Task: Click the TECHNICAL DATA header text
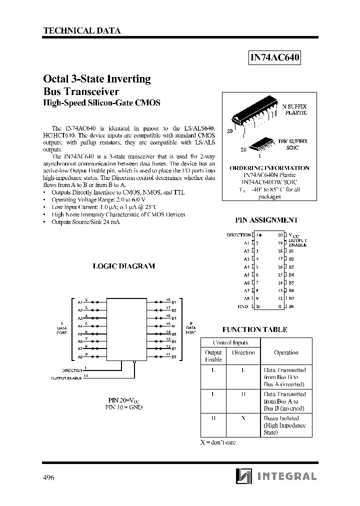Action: tap(82, 30)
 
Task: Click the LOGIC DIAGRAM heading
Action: tap(123, 266)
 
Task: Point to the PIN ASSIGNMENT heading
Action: tap(266, 219)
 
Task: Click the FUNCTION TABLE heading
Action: tap(254, 329)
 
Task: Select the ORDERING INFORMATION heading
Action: tap(269, 168)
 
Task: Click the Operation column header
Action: tap(286, 352)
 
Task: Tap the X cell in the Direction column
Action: tap(243, 418)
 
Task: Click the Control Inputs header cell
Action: tap(230, 342)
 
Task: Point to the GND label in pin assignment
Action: tap(243, 306)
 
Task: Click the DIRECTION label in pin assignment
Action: tap(238, 235)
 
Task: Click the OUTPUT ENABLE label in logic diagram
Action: tap(67, 378)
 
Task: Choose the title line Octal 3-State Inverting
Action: tap(97, 78)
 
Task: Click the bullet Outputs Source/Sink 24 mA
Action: tap(85, 221)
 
